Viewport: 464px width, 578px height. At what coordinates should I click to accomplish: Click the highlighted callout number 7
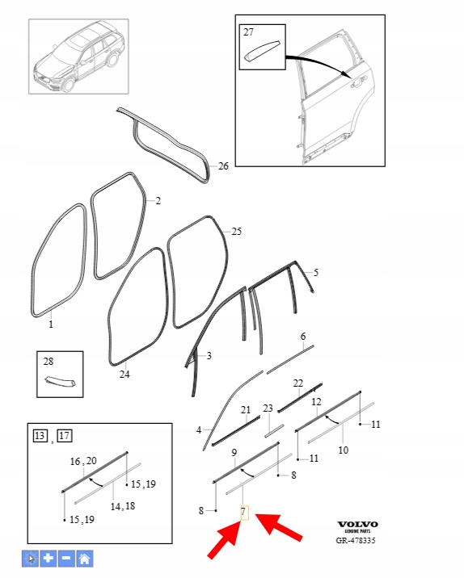(244, 512)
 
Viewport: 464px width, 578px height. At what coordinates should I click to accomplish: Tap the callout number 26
(223, 166)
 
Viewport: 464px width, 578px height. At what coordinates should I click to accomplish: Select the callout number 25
(236, 232)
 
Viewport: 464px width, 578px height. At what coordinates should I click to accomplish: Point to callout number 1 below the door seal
(51, 324)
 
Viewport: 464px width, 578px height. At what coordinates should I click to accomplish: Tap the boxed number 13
(40, 436)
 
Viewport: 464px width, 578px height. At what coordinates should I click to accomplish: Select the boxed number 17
(64, 436)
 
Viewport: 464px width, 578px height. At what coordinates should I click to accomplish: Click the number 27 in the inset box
(248, 32)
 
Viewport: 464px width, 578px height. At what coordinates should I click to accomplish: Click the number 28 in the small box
(49, 362)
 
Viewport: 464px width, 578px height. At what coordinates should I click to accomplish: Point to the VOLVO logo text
(357, 524)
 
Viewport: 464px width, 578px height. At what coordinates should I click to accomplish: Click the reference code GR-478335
(356, 540)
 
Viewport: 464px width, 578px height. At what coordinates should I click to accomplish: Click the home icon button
(85, 559)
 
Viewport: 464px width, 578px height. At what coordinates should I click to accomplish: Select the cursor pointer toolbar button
(30, 559)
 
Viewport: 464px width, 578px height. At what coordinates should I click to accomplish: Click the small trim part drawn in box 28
(60, 382)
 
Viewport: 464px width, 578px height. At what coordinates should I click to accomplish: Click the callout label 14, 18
(123, 506)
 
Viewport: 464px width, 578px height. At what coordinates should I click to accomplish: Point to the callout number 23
(268, 408)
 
